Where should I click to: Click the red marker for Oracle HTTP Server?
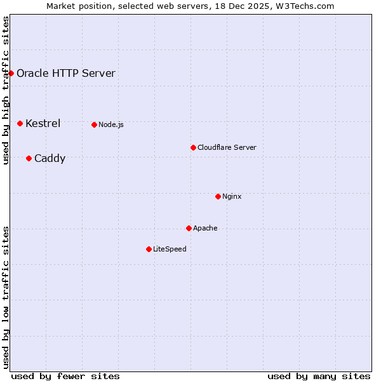point(11,73)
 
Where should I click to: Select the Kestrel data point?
point(20,123)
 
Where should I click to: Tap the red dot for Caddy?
point(29,158)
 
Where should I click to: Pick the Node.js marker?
point(94,124)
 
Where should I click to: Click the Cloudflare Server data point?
point(193,147)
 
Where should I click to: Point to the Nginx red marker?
point(218,196)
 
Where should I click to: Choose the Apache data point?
point(189,228)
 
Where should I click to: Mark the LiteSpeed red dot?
point(149,249)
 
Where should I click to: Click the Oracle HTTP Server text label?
point(66,73)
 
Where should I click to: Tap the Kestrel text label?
point(43,123)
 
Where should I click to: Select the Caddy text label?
point(50,158)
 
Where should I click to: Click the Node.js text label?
point(111,124)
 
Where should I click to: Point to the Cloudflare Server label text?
point(227,147)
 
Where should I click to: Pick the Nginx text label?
point(232,196)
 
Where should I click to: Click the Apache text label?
point(205,228)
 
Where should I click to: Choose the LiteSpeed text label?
point(170,249)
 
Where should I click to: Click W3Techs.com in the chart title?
point(309,6)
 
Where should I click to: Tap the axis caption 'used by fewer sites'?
point(65,376)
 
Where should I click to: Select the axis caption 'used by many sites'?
point(319,376)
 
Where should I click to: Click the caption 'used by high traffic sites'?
point(6,90)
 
